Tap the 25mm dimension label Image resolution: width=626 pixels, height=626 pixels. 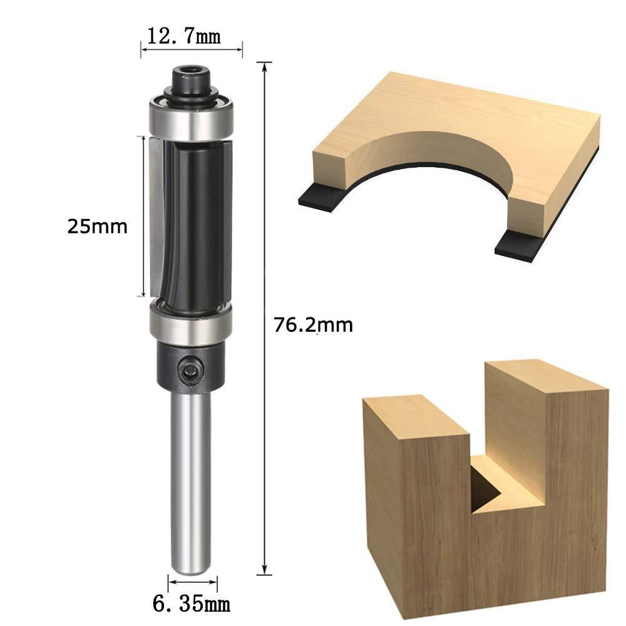[98, 227]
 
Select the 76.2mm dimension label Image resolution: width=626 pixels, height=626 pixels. [314, 325]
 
